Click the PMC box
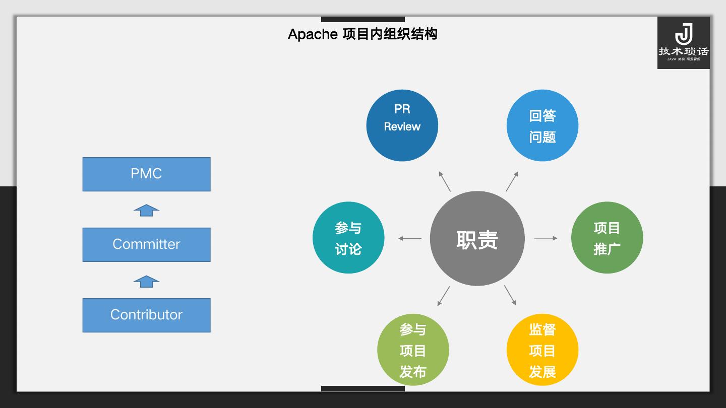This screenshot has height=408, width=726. pyautogui.click(x=146, y=174)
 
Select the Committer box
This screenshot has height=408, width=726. pyautogui.click(x=146, y=245)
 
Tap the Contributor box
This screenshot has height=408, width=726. pyautogui.click(x=146, y=315)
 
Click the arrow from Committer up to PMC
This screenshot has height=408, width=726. pyautogui.click(x=146, y=211)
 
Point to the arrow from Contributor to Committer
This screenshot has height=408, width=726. pyautogui.click(x=146, y=282)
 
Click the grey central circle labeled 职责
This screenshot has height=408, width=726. pyautogui.click(x=477, y=239)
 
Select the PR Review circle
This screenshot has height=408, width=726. pyautogui.click(x=402, y=125)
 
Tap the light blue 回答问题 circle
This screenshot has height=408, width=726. pyautogui.click(x=542, y=125)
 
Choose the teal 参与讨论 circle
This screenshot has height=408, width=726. pyautogui.click(x=348, y=238)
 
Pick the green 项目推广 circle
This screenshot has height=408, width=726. pyautogui.click(x=607, y=238)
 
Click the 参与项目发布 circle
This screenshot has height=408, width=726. pyautogui.click(x=413, y=350)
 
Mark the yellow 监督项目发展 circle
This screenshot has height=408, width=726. pyautogui.click(x=542, y=350)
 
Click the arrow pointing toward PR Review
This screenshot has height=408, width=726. pyautogui.click(x=445, y=181)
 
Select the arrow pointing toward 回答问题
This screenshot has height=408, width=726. pyautogui.click(x=512, y=181)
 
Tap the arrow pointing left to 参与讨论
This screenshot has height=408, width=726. pyautogui.click(x=410, y=238)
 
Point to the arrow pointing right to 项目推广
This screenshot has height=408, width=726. pyautogui.click(x=546, y=238)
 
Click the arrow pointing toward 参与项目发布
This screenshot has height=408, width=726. pyautogui.click(x=443, y=296)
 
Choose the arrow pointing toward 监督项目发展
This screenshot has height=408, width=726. pyautogui.click(x=510, y=295)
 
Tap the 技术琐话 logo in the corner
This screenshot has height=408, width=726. pyautogui.click(x=683, y=43)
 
